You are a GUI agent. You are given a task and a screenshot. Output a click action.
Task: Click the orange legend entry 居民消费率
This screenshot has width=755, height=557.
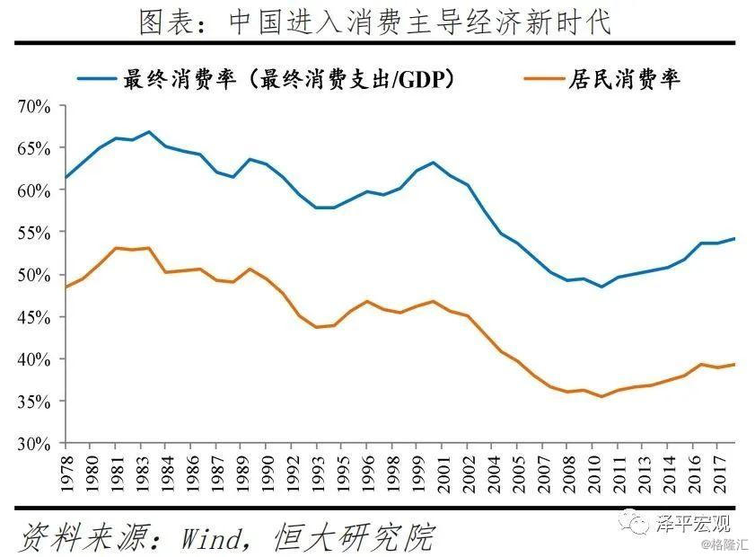625,79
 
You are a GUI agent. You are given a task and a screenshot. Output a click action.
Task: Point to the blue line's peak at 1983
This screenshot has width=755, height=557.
149,132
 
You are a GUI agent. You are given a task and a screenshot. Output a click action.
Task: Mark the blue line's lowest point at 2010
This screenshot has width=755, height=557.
601,287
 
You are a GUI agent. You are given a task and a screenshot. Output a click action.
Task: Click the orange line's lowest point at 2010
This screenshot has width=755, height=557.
601,396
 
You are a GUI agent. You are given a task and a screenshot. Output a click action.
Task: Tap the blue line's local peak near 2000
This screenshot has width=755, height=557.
434,163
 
